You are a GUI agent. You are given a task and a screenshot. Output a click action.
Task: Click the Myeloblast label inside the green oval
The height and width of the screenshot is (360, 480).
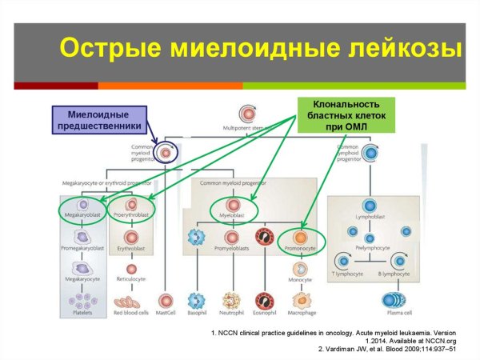tap(233, 215)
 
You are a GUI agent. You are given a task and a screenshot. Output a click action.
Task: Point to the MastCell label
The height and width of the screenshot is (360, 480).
tap(166, 315)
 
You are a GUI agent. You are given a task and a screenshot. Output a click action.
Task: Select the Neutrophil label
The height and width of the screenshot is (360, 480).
tap(232, 315)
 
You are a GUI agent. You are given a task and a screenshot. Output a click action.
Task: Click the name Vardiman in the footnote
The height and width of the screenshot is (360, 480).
tap(355, 349)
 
